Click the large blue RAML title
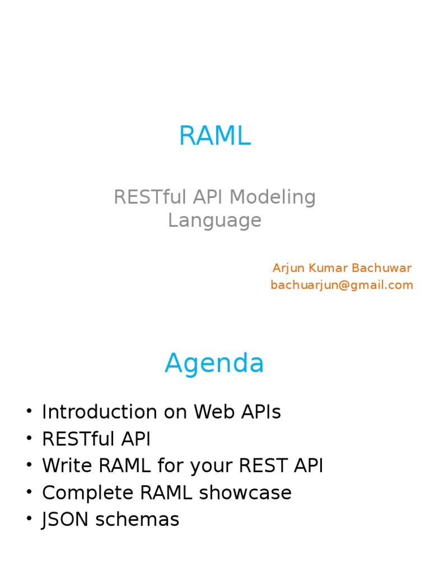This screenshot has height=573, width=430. pyautogui.click(x=214, y=136)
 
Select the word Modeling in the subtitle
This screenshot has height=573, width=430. pyautogui.click(x=273, y=198)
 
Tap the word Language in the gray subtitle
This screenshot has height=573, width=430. pyautogui.click(x=214, y=220)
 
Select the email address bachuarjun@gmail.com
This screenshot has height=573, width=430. pyautogui.click(x=342, y=285)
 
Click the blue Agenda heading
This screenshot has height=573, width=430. pyautogui.click(x=214, y=364)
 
